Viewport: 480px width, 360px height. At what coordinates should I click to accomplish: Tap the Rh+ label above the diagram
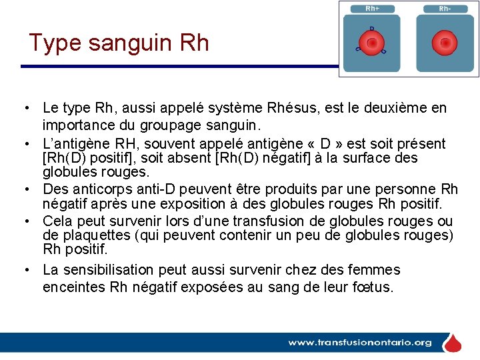click(373, 9)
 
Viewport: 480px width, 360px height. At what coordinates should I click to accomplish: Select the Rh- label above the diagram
click(445, 9)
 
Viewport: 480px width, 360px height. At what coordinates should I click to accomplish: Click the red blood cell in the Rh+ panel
click(372, 43)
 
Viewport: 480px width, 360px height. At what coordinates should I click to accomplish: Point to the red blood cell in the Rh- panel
click(445, 43)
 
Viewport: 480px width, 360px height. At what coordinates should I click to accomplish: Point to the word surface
click(364, 159)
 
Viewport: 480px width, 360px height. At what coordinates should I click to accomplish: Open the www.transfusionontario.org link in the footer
click(360, 343)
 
